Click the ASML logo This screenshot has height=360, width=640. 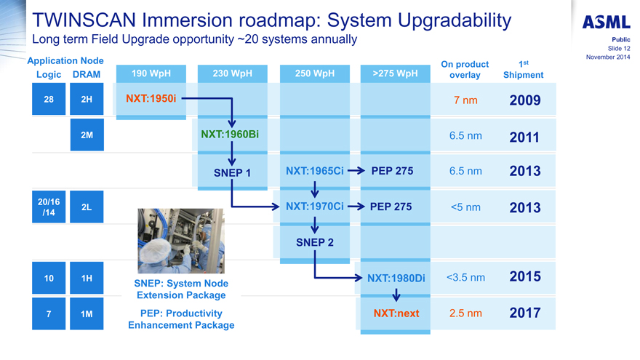pos(606,22)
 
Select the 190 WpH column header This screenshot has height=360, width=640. pos(151,73)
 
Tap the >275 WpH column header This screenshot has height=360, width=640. pos(395,73)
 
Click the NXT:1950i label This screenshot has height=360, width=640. pos(151,98)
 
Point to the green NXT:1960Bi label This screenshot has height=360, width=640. pos(230,135)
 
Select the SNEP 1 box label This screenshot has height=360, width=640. pos(232,172)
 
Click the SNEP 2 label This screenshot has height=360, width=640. pos(315,242)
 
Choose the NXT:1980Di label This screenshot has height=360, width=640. pos(396,279)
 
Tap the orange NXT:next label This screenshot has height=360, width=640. pos(396,313)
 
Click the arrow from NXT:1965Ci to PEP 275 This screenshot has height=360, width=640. pos(356,171)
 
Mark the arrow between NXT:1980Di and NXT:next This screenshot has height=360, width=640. pos(396,295)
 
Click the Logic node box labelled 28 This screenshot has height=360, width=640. pos(49,99)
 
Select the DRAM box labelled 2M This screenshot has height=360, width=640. pos(87,135)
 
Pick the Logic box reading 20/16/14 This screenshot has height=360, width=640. pos(49,207)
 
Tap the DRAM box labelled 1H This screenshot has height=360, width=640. pos(87,278)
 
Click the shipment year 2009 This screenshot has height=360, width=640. pos(525,100)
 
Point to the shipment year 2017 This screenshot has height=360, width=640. pos(525,313)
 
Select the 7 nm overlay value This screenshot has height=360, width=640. pos(465,100)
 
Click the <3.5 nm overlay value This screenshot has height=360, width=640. pos(465,278)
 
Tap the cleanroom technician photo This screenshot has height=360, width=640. pos(181,241)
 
